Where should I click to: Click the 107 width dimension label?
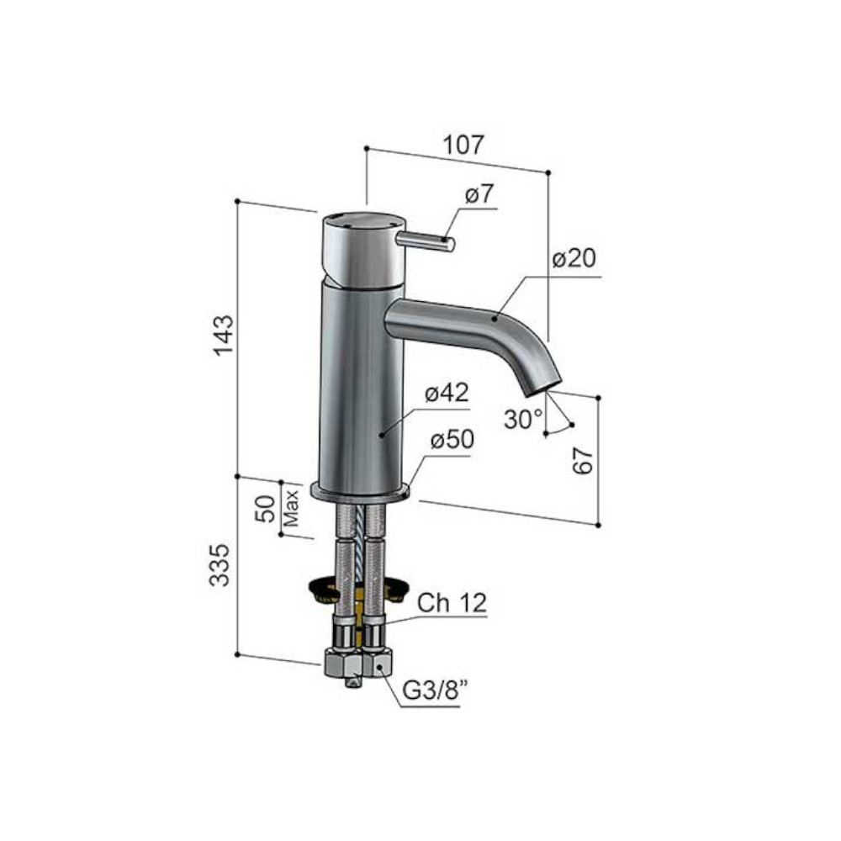464,145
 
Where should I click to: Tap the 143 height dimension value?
224,336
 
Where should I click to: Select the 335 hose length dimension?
219,565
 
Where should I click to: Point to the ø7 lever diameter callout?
479,194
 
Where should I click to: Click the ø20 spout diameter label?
574,258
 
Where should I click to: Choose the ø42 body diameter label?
447,393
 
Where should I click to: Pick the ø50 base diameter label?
452,440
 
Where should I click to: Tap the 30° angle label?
523,419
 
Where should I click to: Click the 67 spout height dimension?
584,461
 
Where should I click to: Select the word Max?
291,507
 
